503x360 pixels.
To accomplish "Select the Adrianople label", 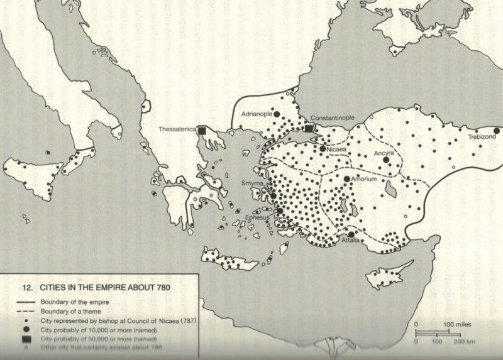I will click(x=260, y=114).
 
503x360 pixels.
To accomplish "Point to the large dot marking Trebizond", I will click(x=496, y=131).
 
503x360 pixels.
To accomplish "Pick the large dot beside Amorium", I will click(x=346, y=179).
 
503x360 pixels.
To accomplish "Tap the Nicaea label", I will click(x=337, y=150).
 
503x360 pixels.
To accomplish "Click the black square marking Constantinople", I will click(x=309, y=128).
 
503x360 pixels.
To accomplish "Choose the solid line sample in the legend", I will click(x=24, y=301).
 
